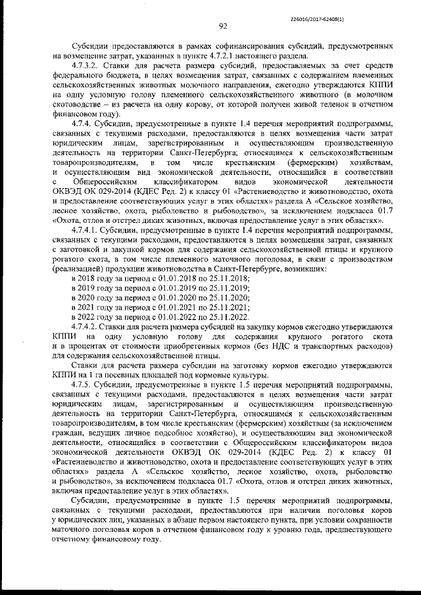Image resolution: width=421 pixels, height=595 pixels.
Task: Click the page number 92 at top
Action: tap(223, 27)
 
